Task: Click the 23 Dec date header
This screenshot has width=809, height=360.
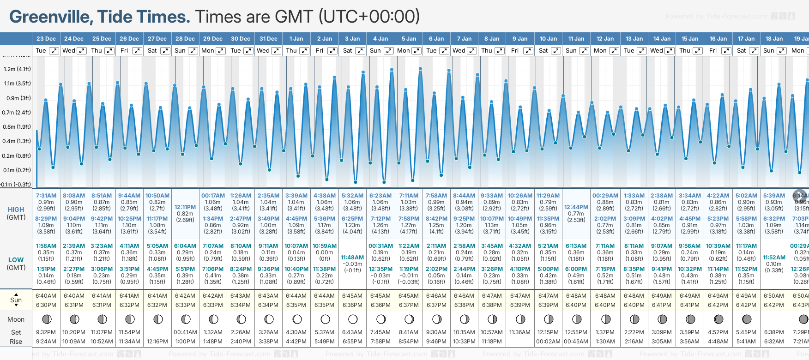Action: pyautogui.click(x=46, y=39)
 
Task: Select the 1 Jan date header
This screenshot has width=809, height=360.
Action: pyautogui.click(x=296, y=39)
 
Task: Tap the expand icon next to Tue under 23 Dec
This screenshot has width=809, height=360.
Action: pyautogui.click(x=54, y=51)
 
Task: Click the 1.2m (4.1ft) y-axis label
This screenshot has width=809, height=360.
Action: pyautogui.click(x=17, y=69)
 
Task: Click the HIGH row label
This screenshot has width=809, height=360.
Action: pyautogui.click(x=16, y=210)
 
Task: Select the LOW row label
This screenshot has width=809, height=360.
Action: pyautogui.click(x=16, y=260)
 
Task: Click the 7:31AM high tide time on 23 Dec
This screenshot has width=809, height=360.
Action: pyautogui.click(x=46, y=196)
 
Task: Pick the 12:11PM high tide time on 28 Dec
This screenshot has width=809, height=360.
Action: pyautogui.click(x=185, y=207)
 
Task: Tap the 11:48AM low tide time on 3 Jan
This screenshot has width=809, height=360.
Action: pyautogui.click(x=352, y=258)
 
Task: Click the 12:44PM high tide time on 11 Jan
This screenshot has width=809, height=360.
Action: pyautogui.click(x=576, y=207)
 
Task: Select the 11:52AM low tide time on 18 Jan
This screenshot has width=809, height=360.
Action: pyautogui.click(x=774, y=258)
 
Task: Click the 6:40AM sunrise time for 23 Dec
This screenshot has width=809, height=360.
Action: pyautogui.click(x=46, y=296)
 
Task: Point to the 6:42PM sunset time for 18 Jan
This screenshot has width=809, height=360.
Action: pyautogui.click(x=774, y=305)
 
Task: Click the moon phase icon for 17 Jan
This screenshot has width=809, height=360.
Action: pyautogui.click(x=746, y=319)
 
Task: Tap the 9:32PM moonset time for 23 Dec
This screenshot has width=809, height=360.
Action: pyautogui.click(x=46, y=332)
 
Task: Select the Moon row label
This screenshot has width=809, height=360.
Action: pyautogui.click(x=16, y=319)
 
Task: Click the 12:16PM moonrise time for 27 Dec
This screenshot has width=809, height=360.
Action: pyautogui.click(x=157, y=342)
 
